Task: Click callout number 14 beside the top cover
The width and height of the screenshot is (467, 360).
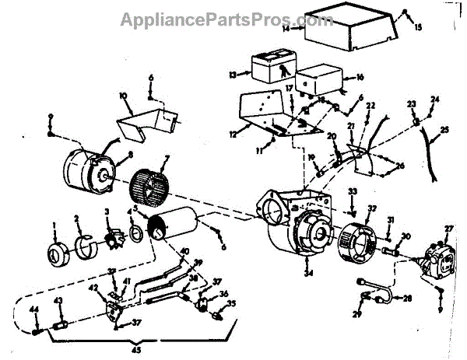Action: pos(286,29)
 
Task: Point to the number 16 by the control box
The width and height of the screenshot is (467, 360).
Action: pos(360,79)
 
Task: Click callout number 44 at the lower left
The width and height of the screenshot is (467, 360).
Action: pos(34,311)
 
